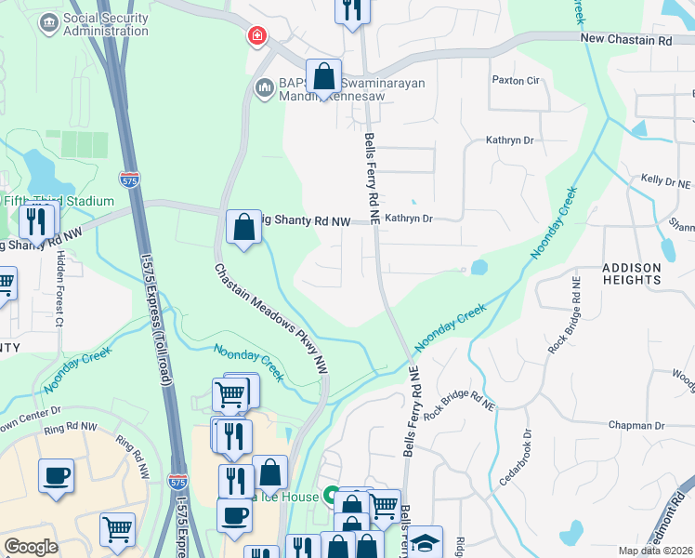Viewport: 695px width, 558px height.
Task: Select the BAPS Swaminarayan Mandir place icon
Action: [x=263, y=89]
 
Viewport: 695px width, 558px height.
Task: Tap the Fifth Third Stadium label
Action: [x=58, y=201]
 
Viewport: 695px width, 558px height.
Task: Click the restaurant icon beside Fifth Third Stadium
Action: [x=36, y=221]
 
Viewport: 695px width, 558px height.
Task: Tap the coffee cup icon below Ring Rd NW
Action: [x=56, y=475]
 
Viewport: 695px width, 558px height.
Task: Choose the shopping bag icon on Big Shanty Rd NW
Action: [x=243, y=227]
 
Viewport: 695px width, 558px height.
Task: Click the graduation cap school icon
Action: [x=426, y=542]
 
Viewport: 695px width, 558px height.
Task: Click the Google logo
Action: [x=32, y=547]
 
